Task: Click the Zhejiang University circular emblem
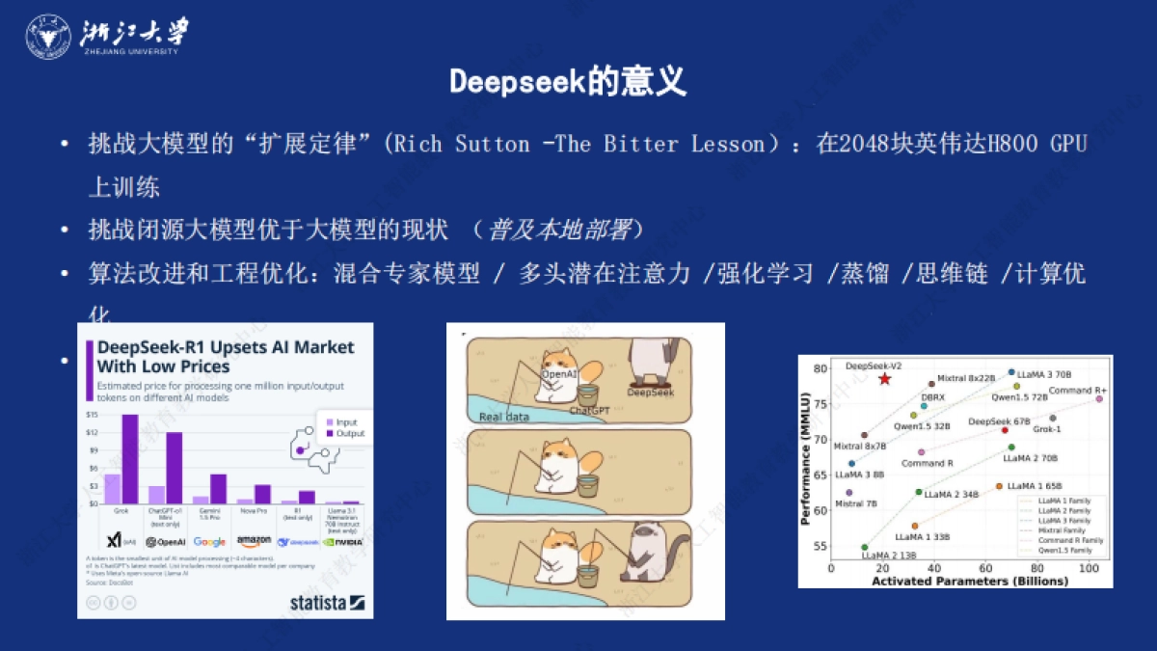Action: (x=47, y=37)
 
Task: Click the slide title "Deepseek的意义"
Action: (x=568, y=82)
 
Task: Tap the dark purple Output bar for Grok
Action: (x=129, y=459)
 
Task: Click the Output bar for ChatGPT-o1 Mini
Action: (x=174, y=468)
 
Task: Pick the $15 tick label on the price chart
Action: (x=93, y=415)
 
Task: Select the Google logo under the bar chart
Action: (x=209, y=542)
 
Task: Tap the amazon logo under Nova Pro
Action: (x=254, y=542)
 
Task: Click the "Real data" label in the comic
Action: (x=504, y=418)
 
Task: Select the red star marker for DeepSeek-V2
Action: (x=884, y=378)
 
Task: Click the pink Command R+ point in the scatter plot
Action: (x=1098, y=398)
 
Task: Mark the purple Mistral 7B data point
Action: (x=848, y=492)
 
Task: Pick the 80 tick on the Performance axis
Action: (x=821, y=368)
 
